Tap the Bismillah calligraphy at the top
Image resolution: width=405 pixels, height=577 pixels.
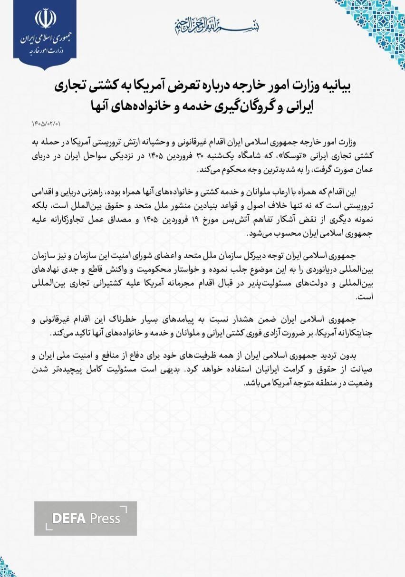click(x=202, y=23)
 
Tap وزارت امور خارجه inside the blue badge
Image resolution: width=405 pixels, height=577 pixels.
click(x=46, y=49)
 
